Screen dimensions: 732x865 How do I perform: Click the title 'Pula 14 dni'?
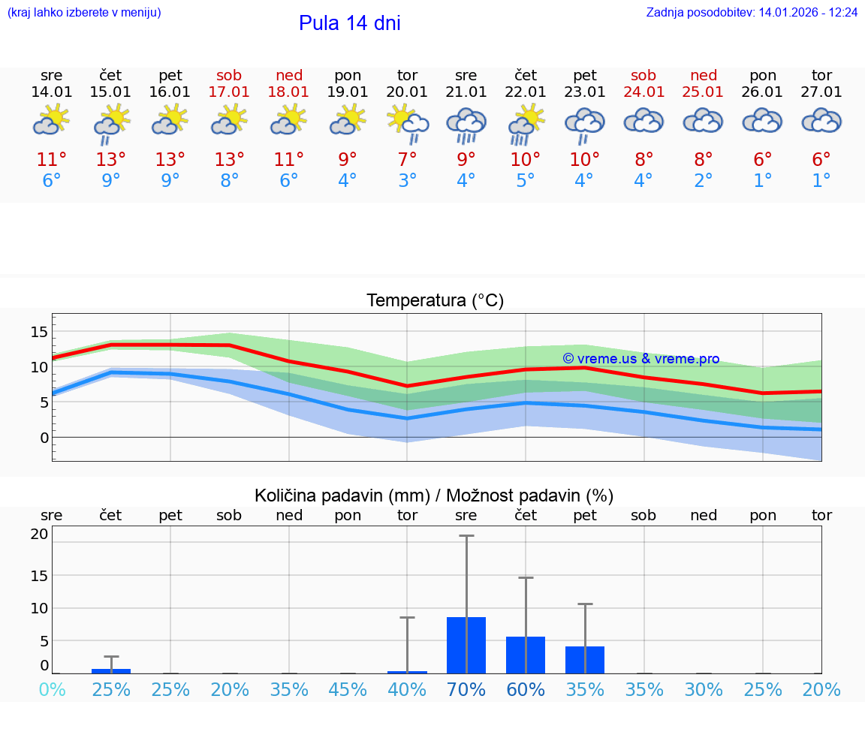coord(349,23)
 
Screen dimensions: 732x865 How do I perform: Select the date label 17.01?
coord(229,92)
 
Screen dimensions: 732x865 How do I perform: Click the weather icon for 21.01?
coord(466,125)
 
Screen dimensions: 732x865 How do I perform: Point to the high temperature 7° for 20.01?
coord(407,160)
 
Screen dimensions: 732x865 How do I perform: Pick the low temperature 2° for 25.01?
coord(704,181)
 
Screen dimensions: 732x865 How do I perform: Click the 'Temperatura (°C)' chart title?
coord(435,301)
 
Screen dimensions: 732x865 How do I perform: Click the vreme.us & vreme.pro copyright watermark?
coord(640,359)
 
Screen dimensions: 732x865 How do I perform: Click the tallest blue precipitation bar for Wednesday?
coord(466,645)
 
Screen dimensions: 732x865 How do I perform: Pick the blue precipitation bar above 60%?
coord(526,655)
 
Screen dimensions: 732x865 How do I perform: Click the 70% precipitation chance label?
coord(466,690)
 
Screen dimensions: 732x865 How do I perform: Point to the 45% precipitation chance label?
coord(348,690)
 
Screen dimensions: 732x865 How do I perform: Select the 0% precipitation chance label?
coord(52,690)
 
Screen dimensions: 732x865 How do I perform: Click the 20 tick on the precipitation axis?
coord(39,535)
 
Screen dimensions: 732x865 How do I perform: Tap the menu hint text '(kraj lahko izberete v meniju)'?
coord(84,13)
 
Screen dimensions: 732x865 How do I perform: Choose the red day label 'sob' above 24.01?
coord(643,75)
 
